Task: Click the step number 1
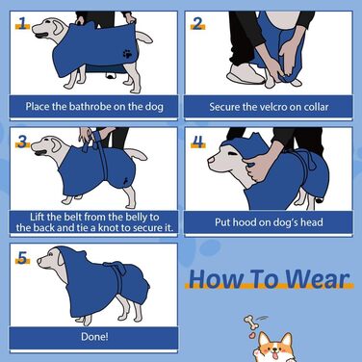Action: coord(22,23)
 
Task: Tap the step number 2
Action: coord(197,23)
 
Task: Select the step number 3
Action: coord(22,142)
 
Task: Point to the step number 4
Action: coord(198,142)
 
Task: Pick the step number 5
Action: coord(22,257)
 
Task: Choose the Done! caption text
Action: coord(94,337)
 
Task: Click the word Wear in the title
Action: coord(317,278)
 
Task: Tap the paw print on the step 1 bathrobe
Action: coord(127,54)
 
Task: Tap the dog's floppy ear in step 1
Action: coord(59,27)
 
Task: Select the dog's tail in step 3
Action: coord(136,153)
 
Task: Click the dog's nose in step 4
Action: coord(210,160)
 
